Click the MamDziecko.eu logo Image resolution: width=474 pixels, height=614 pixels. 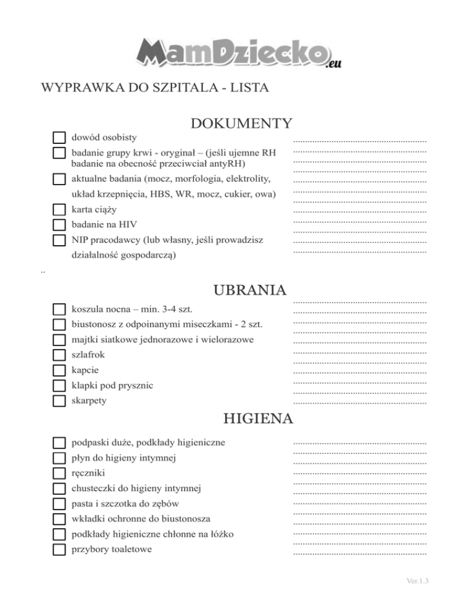point(237,52)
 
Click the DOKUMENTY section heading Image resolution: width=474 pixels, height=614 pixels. point(241,124)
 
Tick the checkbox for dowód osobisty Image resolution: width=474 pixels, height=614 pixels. point(59,137)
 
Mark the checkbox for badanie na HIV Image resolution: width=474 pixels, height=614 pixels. point(59,224)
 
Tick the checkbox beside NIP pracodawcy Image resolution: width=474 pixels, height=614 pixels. point(59,240)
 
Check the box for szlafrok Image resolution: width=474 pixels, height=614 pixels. point(59,355)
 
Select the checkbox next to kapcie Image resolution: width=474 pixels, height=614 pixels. point(59,371)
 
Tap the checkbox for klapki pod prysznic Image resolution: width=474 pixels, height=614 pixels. point(59,385)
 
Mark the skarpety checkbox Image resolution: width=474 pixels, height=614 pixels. point(59,401)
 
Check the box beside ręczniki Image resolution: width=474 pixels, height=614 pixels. point(59,474)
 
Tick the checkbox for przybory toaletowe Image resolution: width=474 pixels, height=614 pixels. point(59,549)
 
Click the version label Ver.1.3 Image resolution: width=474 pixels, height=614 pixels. point(418,581)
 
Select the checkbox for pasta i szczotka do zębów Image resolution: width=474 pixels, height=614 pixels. point(59,504)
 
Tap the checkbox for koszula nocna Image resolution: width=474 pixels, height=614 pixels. point(59,309)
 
